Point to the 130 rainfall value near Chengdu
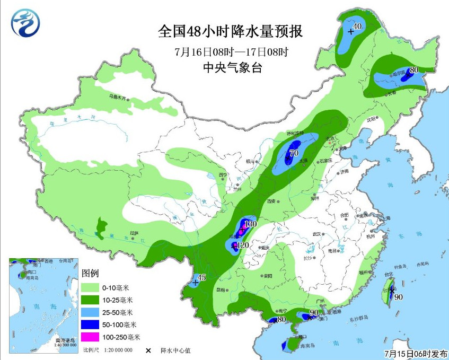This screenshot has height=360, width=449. tap(250, 224)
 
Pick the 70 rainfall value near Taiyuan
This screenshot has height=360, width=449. tap(294, 154)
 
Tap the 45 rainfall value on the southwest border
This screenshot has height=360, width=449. tap(201, 278)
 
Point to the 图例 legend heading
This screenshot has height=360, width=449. tap(91, 274)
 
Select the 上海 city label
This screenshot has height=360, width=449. tap(385, 218)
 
